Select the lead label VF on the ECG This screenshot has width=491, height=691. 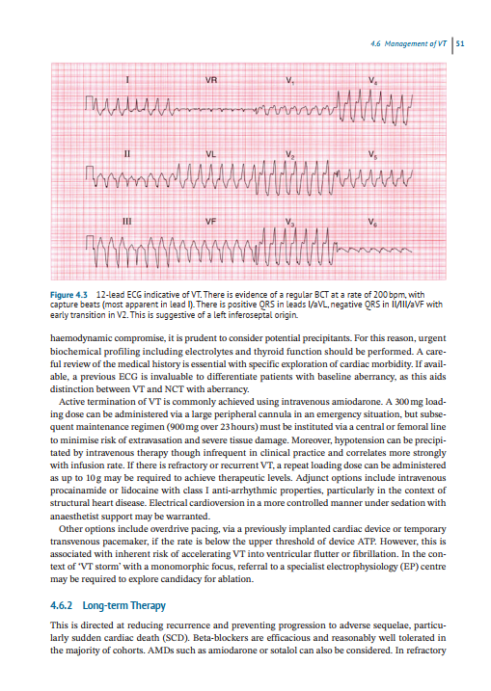pyautogui.click(x=210, y=224)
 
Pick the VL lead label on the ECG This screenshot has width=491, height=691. pyautogui.click(x=211, y=151)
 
